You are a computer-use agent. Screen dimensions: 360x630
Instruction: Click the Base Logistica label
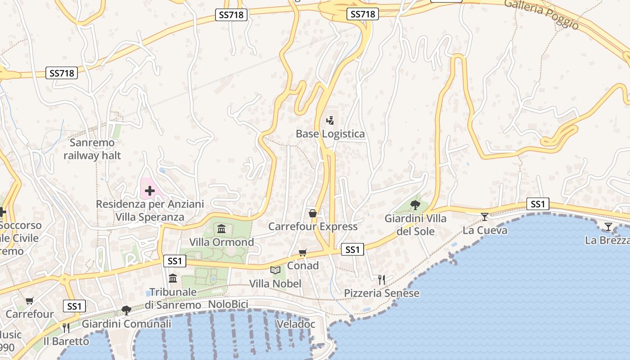[330, 134]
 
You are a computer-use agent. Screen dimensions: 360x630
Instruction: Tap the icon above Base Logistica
[330, 121]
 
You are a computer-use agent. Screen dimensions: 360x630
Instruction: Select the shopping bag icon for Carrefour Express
[313, 213]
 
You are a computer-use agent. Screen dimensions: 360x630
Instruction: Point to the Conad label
[303, 265]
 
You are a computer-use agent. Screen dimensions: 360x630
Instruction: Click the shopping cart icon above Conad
[303, 253]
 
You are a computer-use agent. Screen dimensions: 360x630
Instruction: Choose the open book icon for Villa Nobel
[275, 270]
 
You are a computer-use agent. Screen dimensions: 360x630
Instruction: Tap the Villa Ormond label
[221, 242]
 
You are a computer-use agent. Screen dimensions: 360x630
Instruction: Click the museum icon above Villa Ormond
[221, 229]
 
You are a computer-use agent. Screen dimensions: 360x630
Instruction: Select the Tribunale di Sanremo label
[173, 298]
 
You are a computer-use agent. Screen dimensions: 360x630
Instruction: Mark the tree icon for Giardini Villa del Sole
[415, 205]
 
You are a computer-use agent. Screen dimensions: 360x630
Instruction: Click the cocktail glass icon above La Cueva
[485, 217]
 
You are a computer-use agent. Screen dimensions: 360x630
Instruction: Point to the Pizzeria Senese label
[382, 293]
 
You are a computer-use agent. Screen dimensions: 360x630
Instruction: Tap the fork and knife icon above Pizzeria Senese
[382, 280]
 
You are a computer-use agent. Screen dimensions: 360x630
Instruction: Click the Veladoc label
[296, 324]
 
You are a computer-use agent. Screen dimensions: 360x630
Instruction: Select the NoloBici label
[228, 305]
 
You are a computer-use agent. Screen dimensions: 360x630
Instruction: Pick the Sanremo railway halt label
[92, 149]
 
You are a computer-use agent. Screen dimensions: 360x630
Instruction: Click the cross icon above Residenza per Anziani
[149, 191]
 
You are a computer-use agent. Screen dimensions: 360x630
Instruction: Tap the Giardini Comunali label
[126, 324]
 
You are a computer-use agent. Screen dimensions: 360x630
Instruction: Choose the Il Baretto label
[66, 341]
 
